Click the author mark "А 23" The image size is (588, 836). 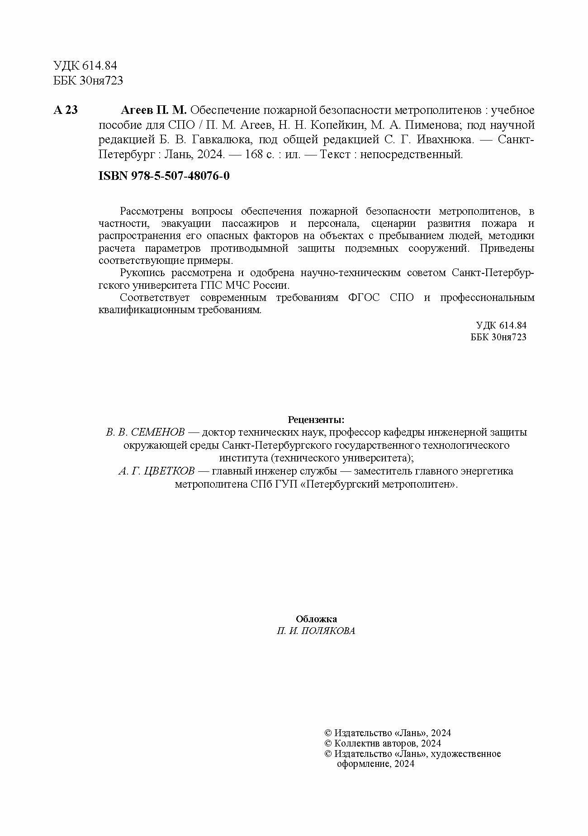66,110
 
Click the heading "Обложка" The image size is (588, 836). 316,619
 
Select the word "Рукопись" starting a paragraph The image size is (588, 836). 140,273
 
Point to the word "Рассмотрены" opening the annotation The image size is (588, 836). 151,211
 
